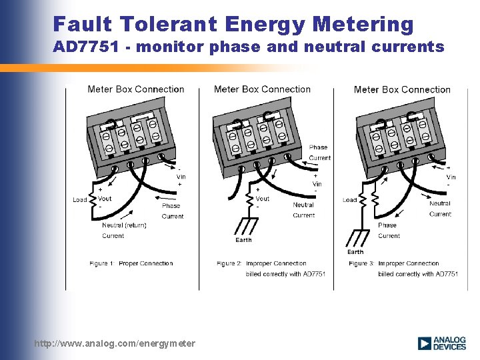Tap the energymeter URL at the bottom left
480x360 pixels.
tap(115, 343)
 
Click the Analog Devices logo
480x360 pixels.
tap(441, 343)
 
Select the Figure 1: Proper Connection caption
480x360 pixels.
tap(131, 263)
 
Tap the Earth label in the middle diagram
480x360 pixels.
tap(243, 240)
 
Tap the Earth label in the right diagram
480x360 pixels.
tap(355, 252)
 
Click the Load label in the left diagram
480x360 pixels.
tap(80, 200)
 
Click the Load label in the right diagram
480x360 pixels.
tap(349, 200)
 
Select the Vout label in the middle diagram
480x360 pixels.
tap(263, 198)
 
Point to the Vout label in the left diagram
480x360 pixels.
tap(105, 199)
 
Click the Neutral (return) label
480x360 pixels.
tap(124, 225)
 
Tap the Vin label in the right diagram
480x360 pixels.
tap(451, 177)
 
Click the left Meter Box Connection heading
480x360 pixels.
tap(135, 89)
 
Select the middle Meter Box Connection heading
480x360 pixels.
tap(262, 89)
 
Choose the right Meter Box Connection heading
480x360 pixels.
tap(402, 89)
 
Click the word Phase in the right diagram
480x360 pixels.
tap(387, 225)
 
